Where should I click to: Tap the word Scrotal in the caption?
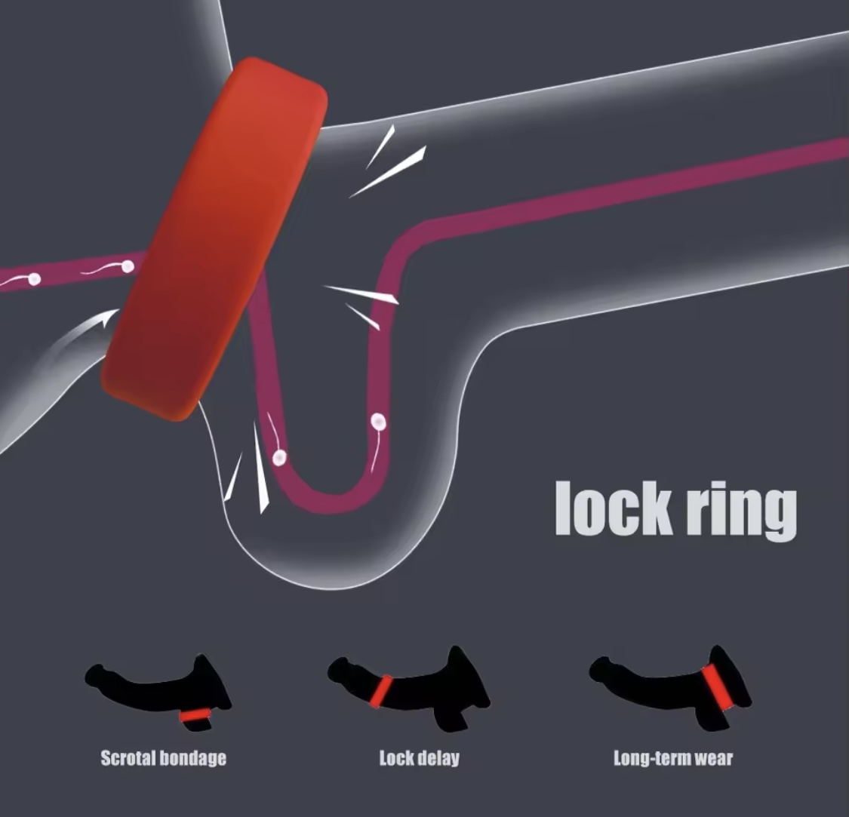point(128,757)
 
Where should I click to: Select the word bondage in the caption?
point(192,758)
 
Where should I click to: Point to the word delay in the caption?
point(438,758)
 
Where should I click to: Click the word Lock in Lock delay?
point(397,758)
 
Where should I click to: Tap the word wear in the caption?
point(714,758)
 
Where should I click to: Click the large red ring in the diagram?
point(214,238)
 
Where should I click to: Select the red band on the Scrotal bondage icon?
point(195,714)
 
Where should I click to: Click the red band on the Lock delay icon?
point(383,691)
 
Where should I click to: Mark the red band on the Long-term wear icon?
point(718,687)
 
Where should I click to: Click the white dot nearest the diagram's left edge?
point(34,279)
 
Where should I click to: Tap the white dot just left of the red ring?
point(128,266)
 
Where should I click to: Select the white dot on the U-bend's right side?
point(379,421)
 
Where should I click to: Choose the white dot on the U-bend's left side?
point(279,458)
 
